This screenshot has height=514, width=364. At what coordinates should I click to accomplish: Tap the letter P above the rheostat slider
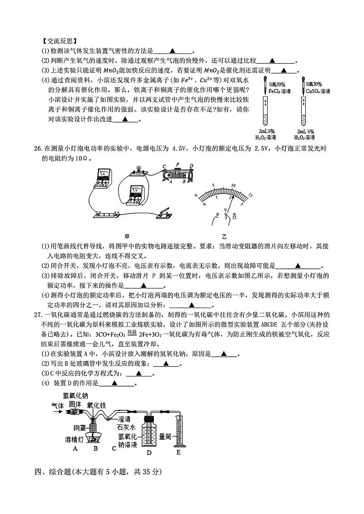(x=177, y=164)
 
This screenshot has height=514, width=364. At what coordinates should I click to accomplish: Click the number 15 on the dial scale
(x=250, y=196)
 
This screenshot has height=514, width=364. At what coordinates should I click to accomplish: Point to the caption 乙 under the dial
(x=224, y=237)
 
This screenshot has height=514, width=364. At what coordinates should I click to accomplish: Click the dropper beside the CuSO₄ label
(x=304, y=86)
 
